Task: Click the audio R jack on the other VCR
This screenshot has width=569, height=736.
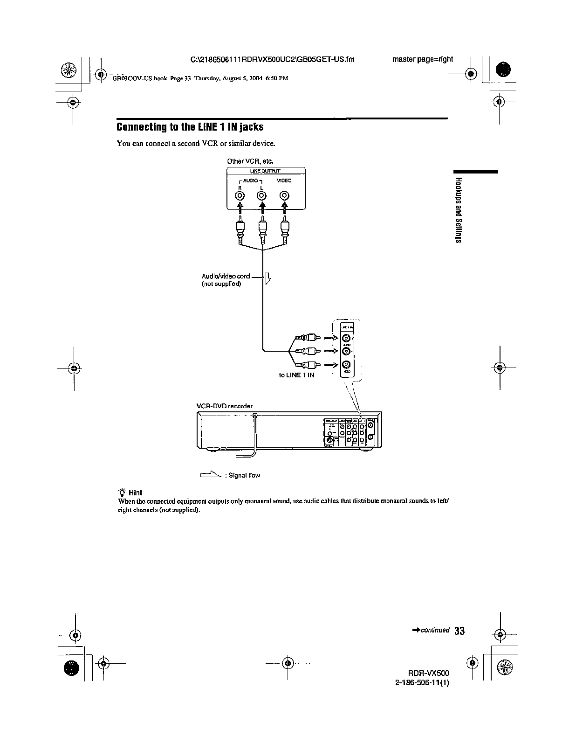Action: click(x=240, y=196)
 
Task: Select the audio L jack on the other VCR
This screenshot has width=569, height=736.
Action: click(x=262, y=196)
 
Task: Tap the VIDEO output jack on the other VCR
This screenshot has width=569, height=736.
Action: click(x=284, y=196)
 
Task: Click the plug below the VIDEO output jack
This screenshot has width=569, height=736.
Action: click(x=285, y=231)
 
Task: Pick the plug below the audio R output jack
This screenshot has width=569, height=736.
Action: click(x=240, y=231)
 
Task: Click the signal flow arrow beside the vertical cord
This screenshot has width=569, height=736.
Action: click(x=268, y=278)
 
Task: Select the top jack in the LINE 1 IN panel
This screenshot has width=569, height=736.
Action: click(x=346, y=338)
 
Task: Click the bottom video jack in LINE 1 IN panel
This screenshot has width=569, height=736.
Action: click(x=346, y=365)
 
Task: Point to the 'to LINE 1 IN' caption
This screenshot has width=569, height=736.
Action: click(x=296, y=375)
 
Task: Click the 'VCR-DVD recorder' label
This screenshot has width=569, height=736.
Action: click(x=225, y=406)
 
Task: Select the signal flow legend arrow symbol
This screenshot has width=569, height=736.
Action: click(x=210, y=474)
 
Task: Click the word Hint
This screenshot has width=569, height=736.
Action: click(x=135, y=493)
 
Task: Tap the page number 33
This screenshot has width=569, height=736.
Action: click(x=459, y=631)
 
